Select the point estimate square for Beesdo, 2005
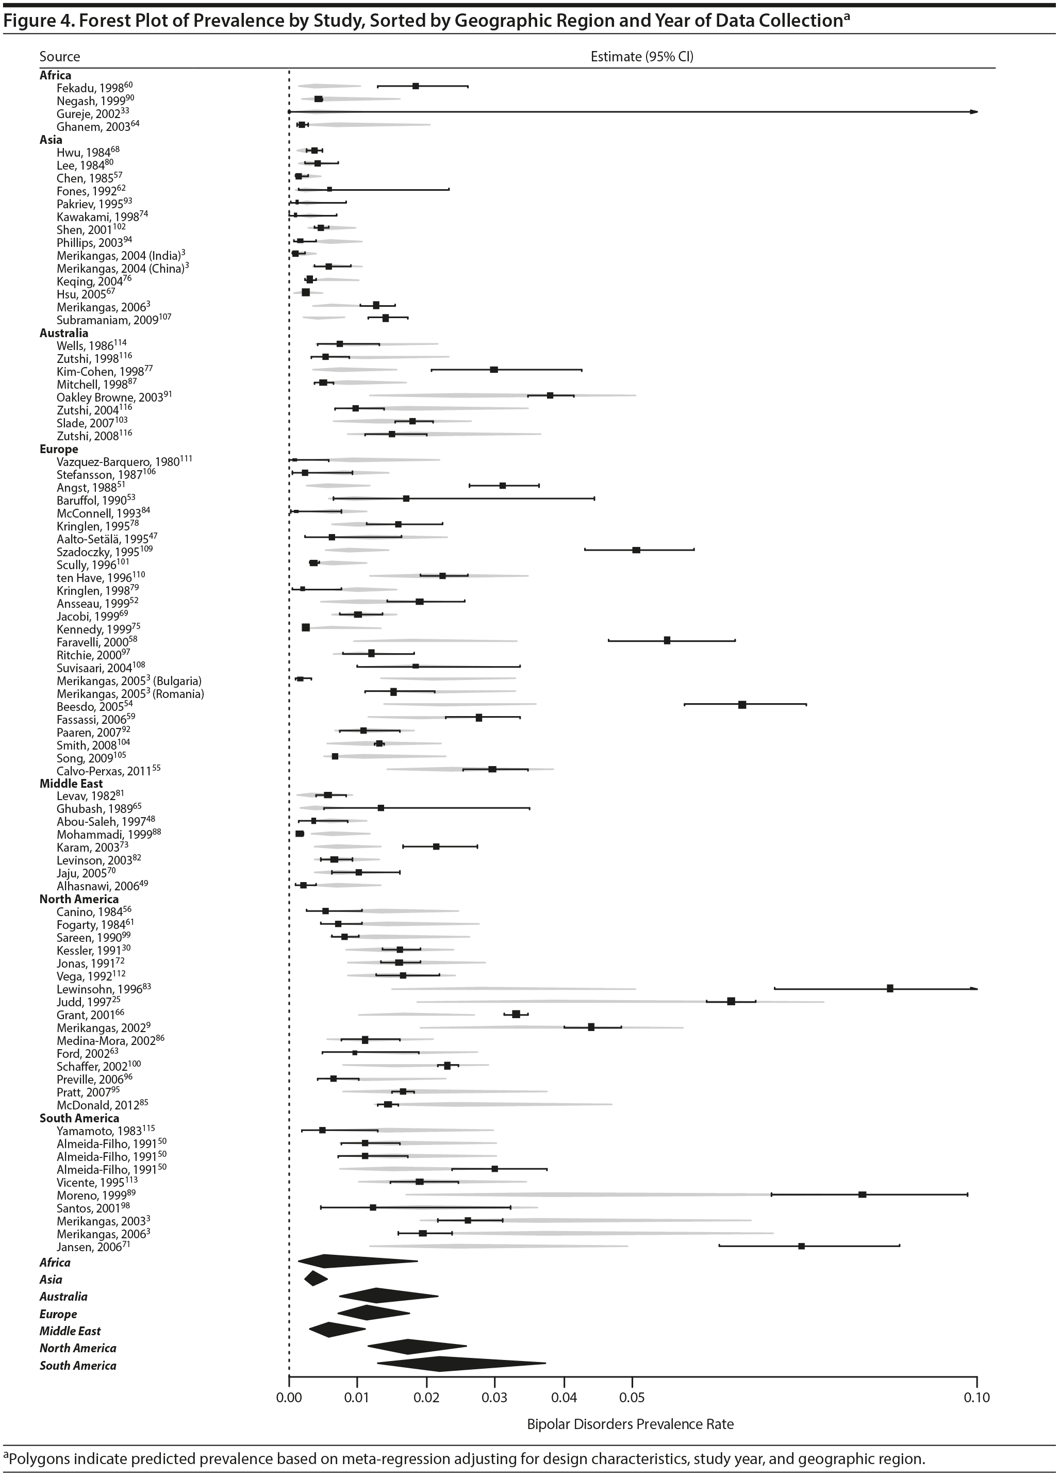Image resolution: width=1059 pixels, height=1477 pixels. (742, 705)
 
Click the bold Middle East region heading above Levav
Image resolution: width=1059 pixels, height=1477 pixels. (71, 784)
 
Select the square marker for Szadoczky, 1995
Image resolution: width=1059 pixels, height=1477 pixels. (636, 550)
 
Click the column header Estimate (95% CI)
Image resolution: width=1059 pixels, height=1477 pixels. (641, 57)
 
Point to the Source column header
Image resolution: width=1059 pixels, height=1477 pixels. (59, 57)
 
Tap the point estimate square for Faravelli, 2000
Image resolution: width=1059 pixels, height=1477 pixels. (667, 640)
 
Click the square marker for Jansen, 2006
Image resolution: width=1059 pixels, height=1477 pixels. (802, 1246)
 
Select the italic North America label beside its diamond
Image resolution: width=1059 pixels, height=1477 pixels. (77, 1348)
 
